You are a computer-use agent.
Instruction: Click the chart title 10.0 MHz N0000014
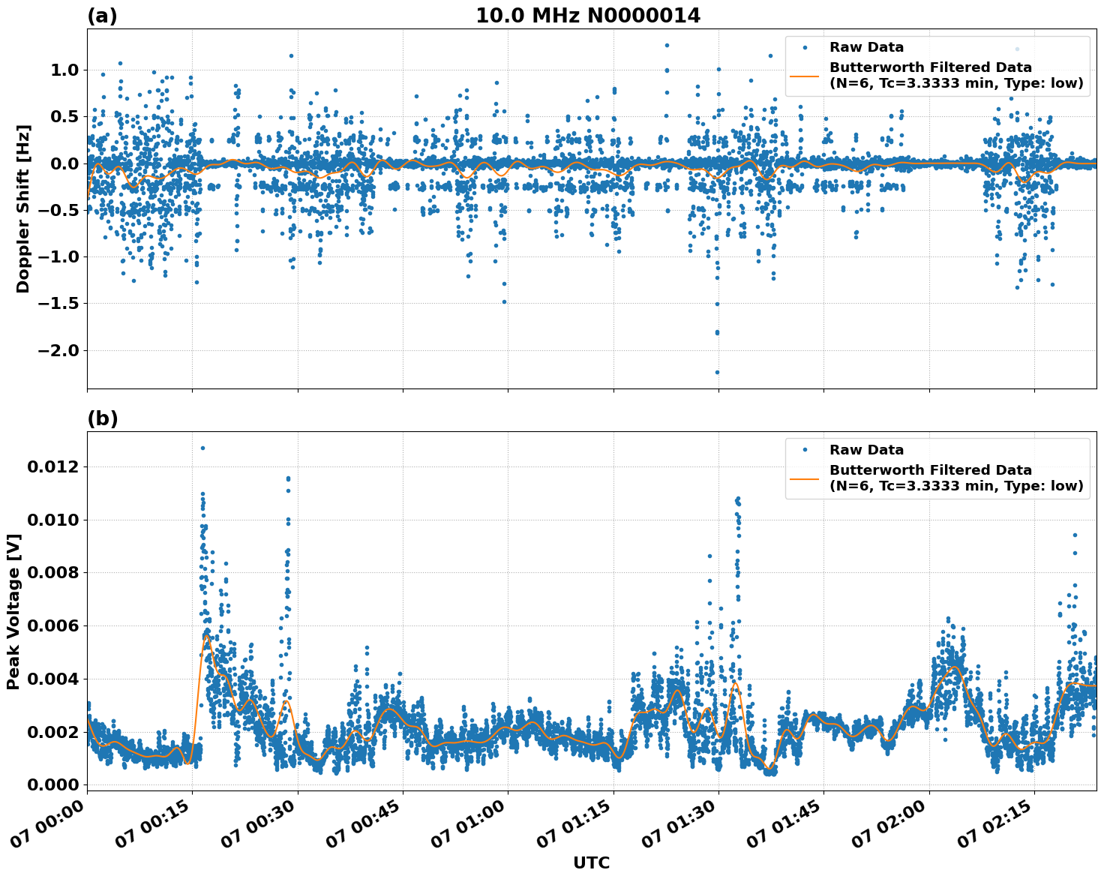click(587, 16)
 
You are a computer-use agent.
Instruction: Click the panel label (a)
click(102, 16)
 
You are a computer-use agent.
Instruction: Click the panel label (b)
click(102, 418)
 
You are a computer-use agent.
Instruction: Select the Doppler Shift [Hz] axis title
click(23, 208)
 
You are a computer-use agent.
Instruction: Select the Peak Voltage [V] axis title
click(13, 611)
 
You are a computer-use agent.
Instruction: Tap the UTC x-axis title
click(591, 862)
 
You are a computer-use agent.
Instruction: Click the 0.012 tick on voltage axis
click(52, 467)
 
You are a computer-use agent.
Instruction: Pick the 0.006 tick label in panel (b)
click(52, 626)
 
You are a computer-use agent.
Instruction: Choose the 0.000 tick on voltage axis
click(52, 784)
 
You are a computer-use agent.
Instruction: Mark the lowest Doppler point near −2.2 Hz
click(717, 372)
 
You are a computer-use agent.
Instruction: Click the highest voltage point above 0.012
click(202, 448)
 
